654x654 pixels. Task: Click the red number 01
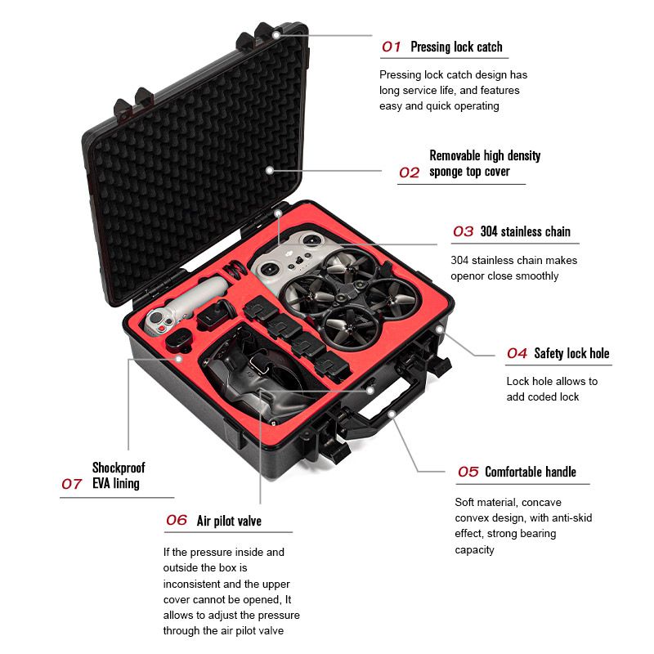point(392,47)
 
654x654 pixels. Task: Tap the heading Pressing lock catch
point(456,47)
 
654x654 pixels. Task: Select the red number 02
point(409,172)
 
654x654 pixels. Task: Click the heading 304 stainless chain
point(525,231)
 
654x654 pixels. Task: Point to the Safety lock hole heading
point(571,354)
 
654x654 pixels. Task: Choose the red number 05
point(468,472)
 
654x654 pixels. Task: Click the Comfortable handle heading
point(530,472)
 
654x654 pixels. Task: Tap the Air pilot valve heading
point(229,521)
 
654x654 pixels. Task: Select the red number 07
point(72,484)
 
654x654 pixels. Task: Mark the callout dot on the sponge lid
point(269,170)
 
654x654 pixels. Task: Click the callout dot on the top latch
point(276,35)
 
